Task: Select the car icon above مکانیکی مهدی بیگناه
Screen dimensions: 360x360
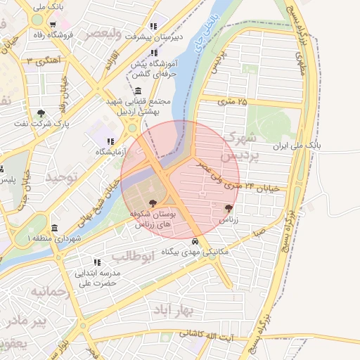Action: point(195,241)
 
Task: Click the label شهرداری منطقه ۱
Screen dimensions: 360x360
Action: point(54,239)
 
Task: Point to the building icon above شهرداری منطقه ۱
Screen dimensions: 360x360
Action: point(55,228)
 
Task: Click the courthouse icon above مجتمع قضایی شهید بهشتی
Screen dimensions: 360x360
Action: point(137,91)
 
